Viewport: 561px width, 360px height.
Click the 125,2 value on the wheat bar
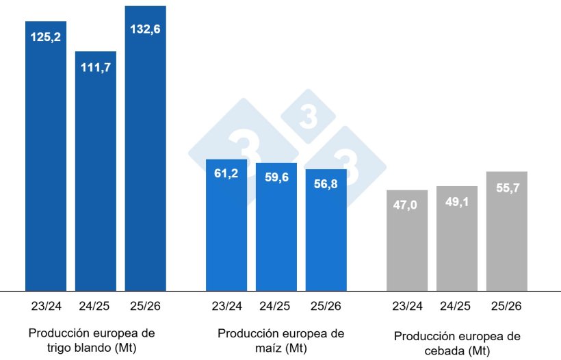coord(46,36)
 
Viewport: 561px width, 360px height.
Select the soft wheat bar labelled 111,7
coord(96,171)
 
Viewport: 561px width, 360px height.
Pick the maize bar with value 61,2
coord(226,226)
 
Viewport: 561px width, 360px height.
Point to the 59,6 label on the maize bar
coord(276,177)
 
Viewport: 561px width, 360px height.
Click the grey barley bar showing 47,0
coord(407,240)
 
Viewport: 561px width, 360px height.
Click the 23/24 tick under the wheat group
coord(46,305)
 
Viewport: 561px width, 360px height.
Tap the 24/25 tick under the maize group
coord(276,305)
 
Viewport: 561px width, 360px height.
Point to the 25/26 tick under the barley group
coord(506,305)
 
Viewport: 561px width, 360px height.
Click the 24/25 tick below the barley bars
coord(456,305)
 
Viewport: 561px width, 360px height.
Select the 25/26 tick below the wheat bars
coord(145,305)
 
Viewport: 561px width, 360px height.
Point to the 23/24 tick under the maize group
coord(226,305)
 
